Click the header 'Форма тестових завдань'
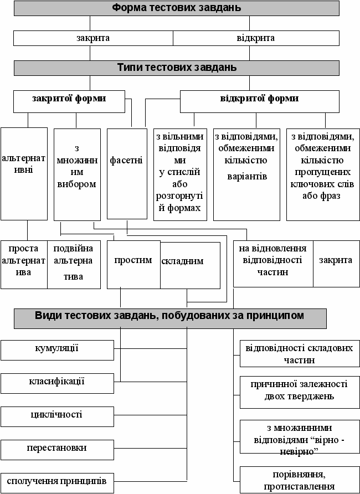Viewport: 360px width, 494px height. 176,8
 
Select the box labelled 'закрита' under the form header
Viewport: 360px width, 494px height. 93,38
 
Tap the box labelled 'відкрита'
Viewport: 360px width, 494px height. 256,38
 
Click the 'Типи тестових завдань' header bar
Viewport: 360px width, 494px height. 176,68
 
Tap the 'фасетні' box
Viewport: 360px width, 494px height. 126,173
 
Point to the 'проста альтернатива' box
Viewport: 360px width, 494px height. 24,264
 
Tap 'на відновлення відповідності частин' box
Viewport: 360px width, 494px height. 273,263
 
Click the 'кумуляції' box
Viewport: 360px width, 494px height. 57,349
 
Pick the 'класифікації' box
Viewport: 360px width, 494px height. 57,383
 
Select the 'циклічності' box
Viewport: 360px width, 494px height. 57,415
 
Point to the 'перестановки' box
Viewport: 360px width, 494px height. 57,449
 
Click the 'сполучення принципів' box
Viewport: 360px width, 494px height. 57,481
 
